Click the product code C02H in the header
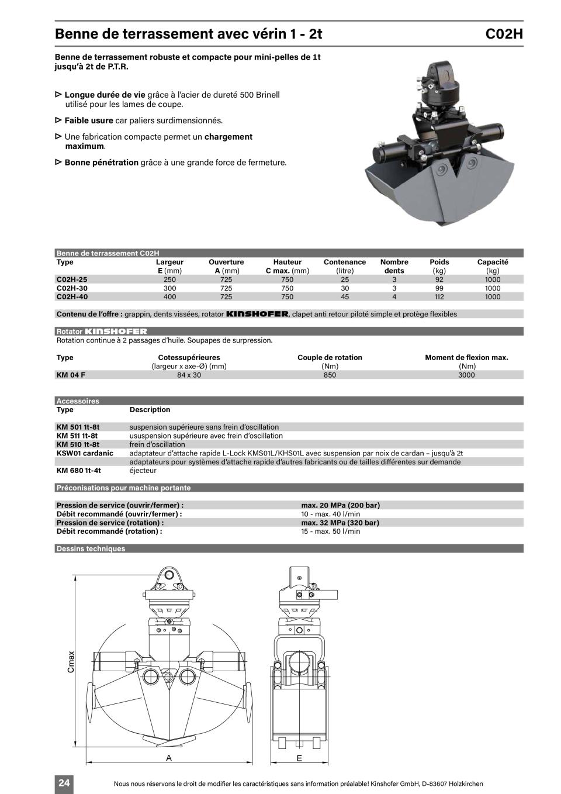504,34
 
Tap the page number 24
64,783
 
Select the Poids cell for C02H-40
439,296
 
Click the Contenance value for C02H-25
345,279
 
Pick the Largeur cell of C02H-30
169,288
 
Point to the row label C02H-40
72,296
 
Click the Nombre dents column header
394,266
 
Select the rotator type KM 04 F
71,375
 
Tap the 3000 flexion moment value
466,375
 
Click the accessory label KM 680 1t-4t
78,470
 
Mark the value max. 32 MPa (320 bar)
340,523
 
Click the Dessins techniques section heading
91,548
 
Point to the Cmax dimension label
71,661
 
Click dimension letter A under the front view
169,758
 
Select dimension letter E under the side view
299,758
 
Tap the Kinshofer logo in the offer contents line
257,314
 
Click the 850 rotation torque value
330,375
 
